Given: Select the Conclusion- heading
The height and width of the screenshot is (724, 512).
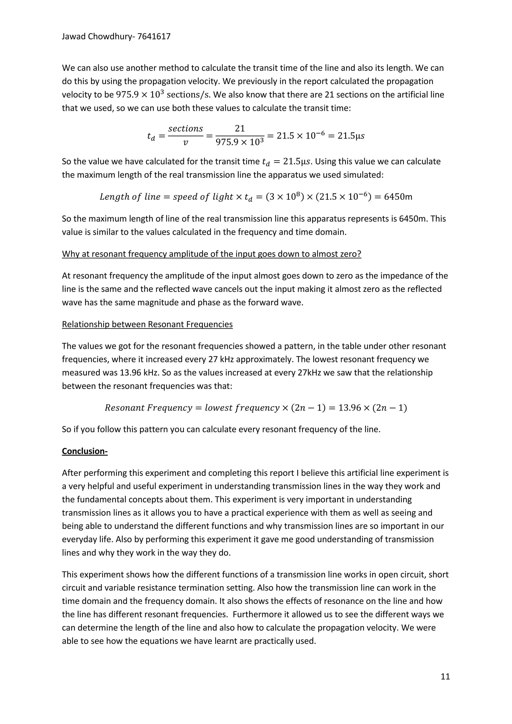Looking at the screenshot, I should [x=84, y=451].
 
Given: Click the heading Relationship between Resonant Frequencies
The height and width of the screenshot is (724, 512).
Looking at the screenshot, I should [x=147, y=324].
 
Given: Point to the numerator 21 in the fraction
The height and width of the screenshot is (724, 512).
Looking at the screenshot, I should [x=240, y=128].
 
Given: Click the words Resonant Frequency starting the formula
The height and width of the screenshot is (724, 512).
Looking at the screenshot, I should [x=148, y=408].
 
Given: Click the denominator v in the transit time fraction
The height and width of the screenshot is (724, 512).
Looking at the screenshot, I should [x=185, y=143].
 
